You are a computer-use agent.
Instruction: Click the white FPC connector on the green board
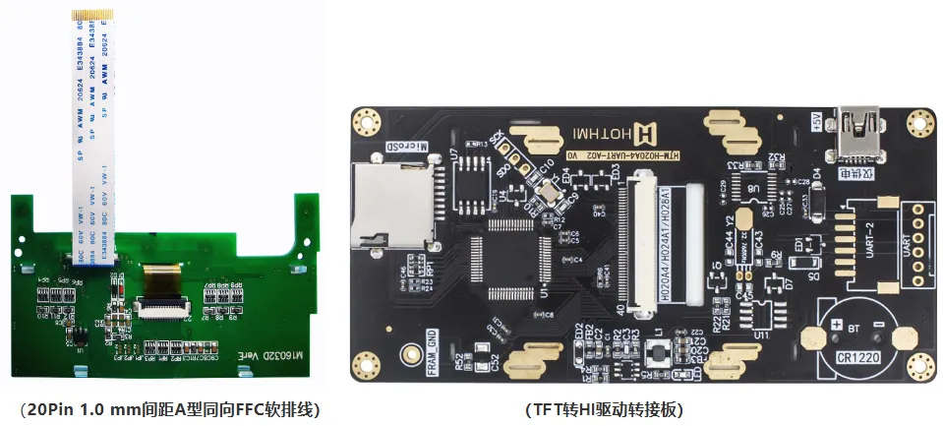tap(164, 310)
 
